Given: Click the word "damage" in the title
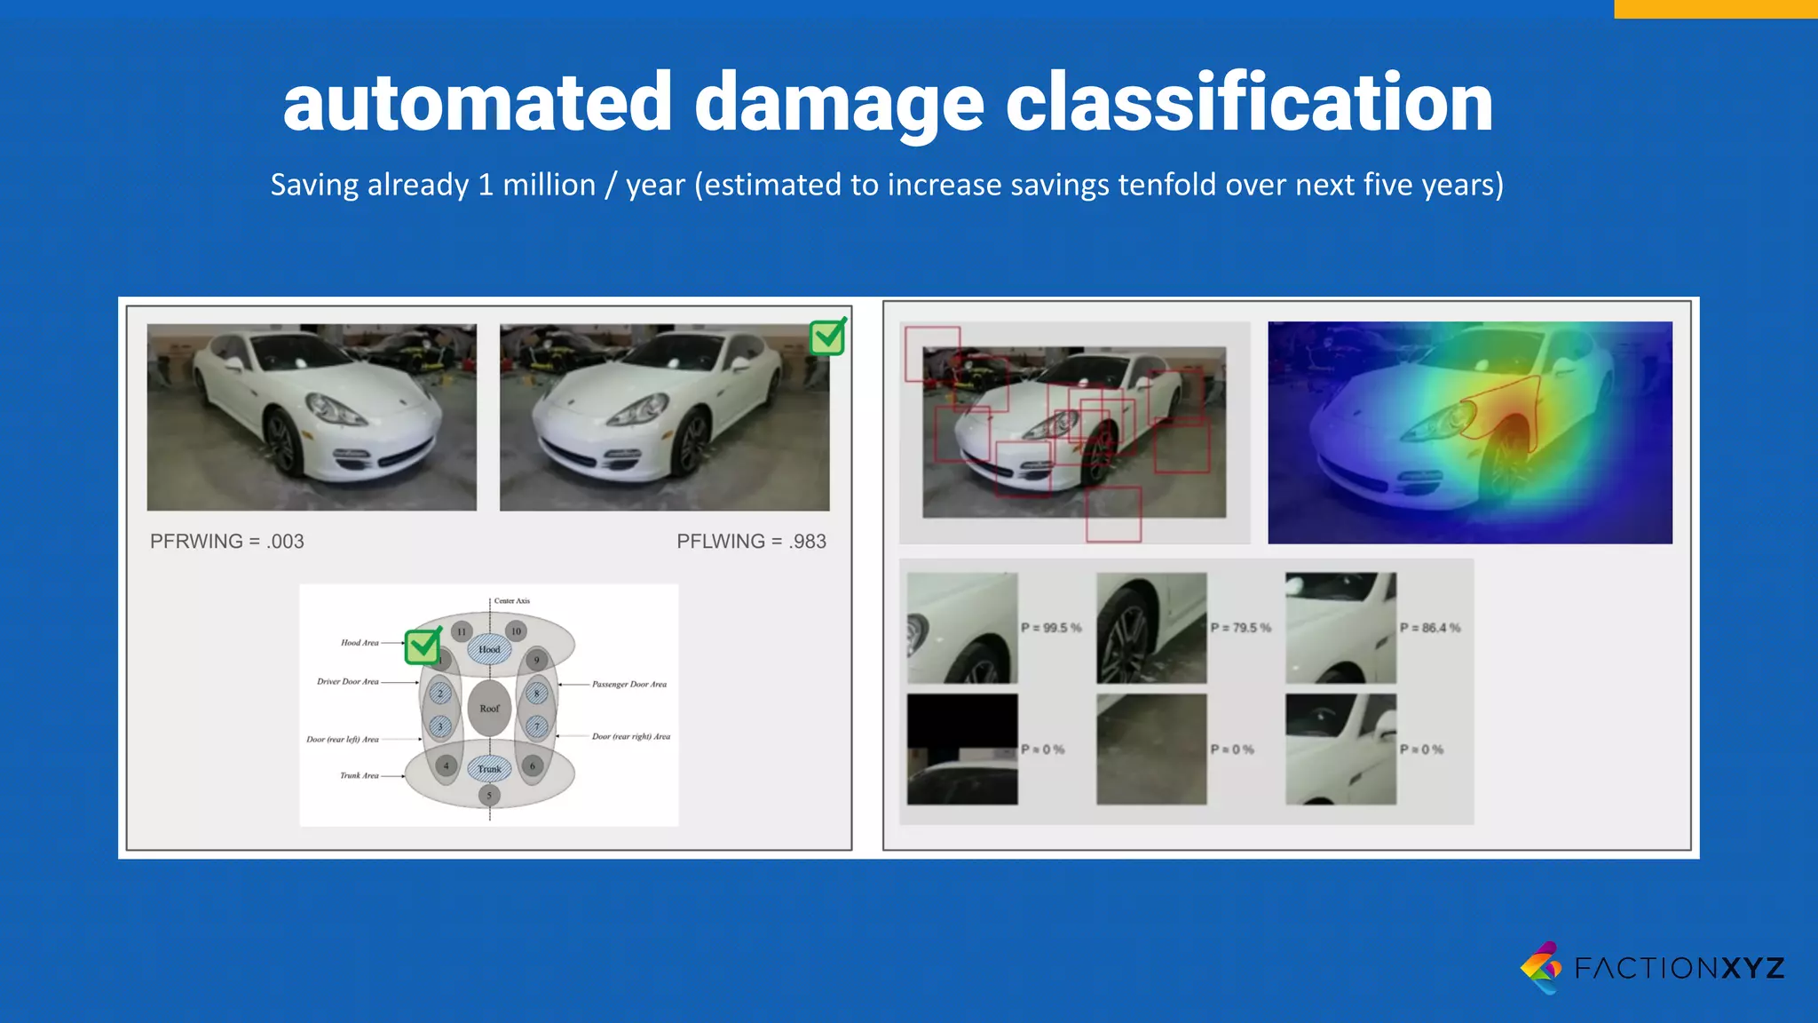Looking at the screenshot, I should [x=838, y=105].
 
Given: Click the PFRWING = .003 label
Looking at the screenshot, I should [x=226, y=542].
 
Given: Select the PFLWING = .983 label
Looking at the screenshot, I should [x=751, y=542].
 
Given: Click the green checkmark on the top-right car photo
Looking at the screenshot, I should [x=827, y=337].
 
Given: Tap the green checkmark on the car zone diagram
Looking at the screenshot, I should [x=423, y=646].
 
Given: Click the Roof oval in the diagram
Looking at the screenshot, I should [x=489, y=709].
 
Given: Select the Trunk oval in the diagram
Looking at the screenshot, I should [x=489, y=769].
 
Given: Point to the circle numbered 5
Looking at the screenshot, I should [x=489, y=796].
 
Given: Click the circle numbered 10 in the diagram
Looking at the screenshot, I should [x=516, y=631].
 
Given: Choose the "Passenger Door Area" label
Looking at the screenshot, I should [x=628, y=685].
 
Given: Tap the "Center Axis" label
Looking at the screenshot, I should [x=511, y=601].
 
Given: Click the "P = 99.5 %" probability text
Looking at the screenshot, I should [x=1051, y=628].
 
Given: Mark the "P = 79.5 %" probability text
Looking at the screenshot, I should [x=1240, y=628].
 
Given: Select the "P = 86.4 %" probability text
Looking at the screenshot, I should [x=1429, y=628].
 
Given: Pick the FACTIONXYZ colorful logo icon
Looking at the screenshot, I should [x=1541, y=967].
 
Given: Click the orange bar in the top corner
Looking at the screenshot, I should [x=1715, y=9].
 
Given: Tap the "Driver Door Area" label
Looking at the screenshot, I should [x=348, y=682].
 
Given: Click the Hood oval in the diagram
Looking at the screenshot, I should [x=489, y=649].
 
